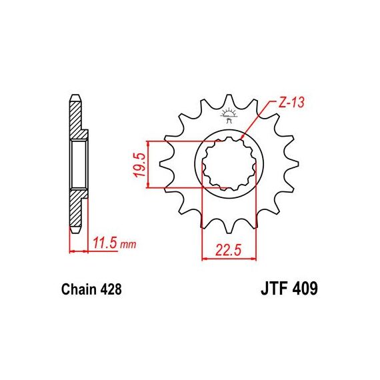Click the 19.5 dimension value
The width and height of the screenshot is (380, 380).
[141, 165]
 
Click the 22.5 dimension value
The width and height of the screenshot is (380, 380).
[229, 250]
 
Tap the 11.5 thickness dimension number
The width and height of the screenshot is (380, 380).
[105, 243]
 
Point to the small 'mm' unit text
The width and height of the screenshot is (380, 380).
[128, 245]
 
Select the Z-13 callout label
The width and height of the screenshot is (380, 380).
[291, 103]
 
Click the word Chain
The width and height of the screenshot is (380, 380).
[79, 289]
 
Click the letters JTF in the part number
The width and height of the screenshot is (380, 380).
[275, 289]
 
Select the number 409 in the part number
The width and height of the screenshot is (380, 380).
[305, 289]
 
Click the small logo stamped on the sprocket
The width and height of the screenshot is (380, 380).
[228, 116]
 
